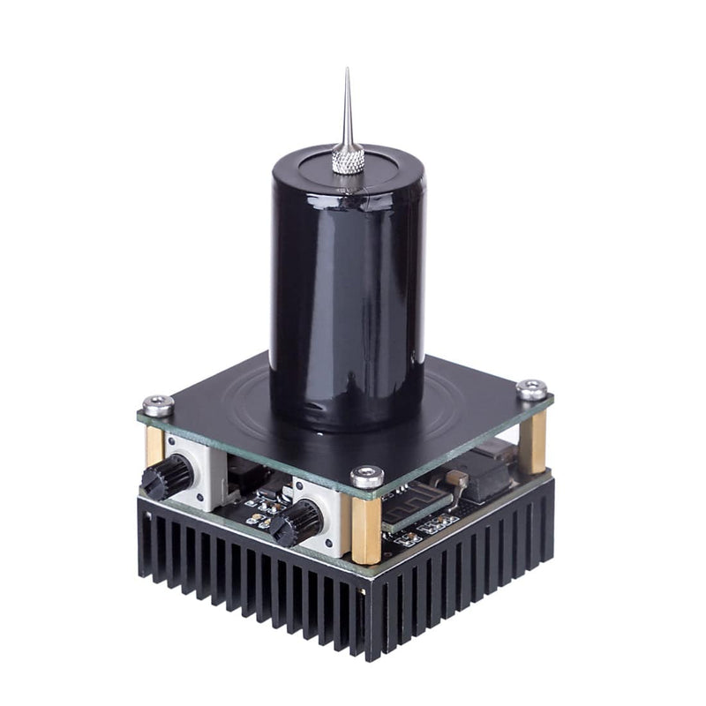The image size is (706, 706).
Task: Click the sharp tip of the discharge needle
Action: [x=347, y=71]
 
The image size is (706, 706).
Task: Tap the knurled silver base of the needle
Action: [x=348, y=160]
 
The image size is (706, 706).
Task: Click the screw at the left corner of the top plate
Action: [x=158, y=405]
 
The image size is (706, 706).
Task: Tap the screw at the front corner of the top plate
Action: [x=367, y=477]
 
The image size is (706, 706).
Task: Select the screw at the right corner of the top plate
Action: [x=531, y=389]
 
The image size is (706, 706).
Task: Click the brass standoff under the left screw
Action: [x=155, y=446]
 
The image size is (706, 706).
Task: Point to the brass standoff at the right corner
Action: [x=532, y=441]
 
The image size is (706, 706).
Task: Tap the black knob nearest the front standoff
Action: [x=297, y=522]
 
